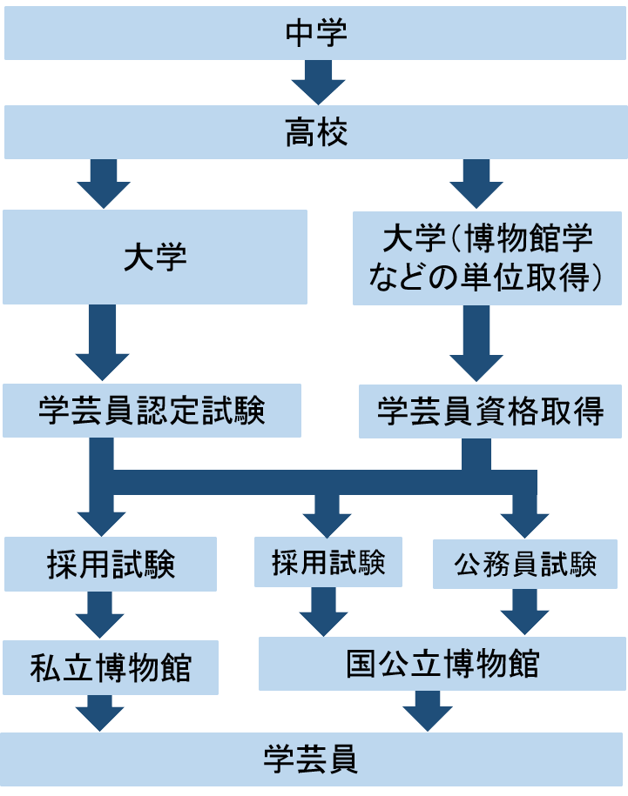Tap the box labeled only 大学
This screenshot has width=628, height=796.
point(155,257)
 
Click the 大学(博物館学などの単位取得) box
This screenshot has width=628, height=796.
point(487,257)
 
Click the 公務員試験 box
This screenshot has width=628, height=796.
point(524,565)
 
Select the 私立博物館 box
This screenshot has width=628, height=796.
point(111,667)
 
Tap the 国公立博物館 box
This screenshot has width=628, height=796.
point(442,663)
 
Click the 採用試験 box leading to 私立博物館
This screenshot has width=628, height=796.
point(111,565)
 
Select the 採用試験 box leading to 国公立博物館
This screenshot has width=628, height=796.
point(328,563)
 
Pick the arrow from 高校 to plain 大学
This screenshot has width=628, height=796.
point(104,182)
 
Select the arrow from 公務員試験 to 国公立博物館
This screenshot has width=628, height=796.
point(524,612)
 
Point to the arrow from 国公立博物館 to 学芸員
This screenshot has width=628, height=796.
point(427,710)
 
